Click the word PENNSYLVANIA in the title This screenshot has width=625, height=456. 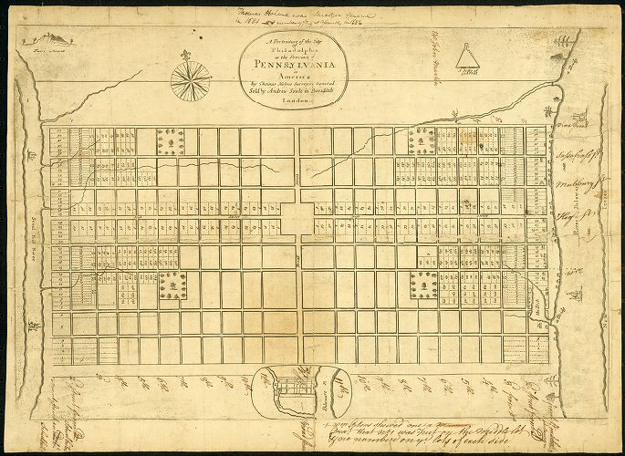click(x=299, y=66)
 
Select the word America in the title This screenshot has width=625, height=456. click(x=298, y=76)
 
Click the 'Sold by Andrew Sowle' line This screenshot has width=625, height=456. click(x=298, y=92)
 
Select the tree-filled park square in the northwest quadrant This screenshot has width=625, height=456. click(x=171, y=140)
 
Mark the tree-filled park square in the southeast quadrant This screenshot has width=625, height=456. click(x=423, y=285)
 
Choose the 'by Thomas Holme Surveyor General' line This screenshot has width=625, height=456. click(x=298, y=84)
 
